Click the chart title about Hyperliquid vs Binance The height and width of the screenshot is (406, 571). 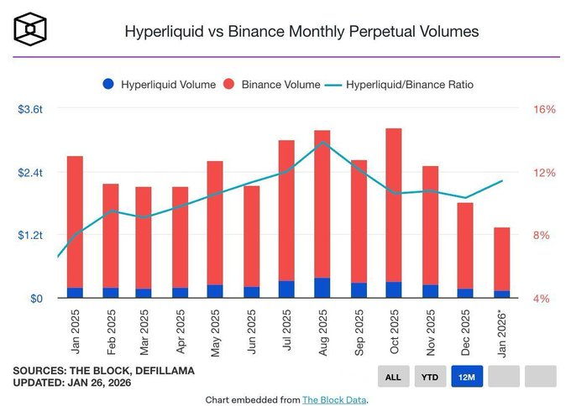[x=301, y=32]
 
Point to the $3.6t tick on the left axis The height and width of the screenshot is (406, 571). [x=30, y=110]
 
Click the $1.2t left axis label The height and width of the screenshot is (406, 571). [x=30, y=236]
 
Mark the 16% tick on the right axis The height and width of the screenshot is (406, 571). [x=543, y=110]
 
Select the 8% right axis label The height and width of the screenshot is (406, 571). [x=543, y=236]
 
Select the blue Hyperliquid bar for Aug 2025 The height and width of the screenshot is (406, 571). [x=322, y=288]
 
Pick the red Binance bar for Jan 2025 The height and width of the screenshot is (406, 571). [x=75, y=221]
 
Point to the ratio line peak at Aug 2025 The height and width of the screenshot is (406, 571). [x=322, y=143]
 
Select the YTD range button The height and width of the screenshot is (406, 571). [x=429, y=377]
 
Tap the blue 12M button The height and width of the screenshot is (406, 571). [x=466, y=377]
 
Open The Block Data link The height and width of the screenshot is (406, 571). [x=333, y=399]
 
